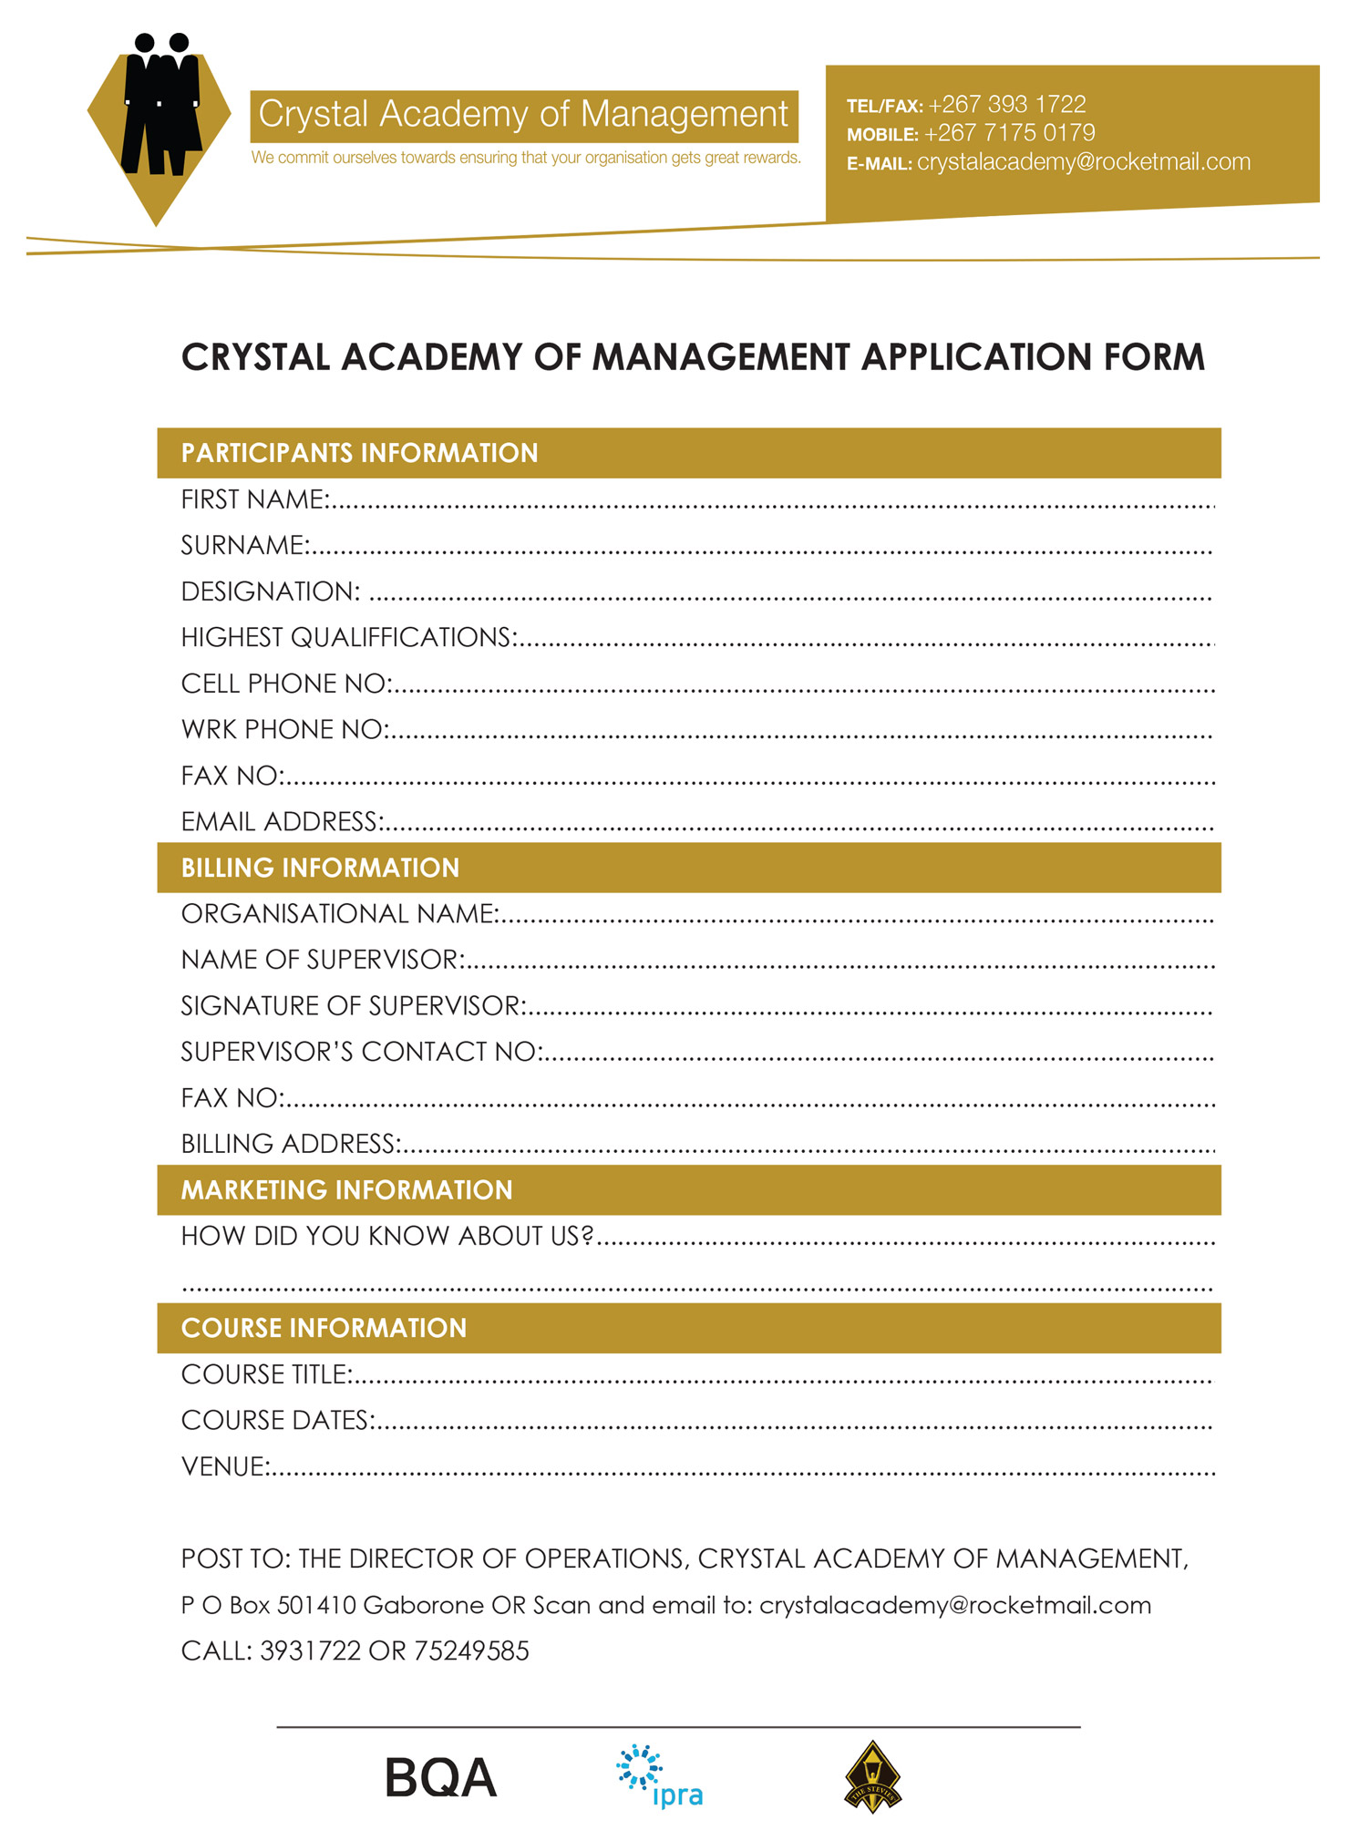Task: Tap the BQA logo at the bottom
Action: coord(440,1777)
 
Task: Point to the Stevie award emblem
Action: coord(872,1777)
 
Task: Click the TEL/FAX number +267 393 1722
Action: coord(1006,104)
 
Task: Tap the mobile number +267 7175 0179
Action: coord(1009,133)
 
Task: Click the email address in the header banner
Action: coord(1083,162)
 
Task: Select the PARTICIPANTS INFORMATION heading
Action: coord(359,453)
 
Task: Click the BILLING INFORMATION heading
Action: coord(320,868)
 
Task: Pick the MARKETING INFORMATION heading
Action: coord(346,1190)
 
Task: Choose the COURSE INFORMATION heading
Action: coord(324,1328)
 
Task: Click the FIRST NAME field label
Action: coord(254,499)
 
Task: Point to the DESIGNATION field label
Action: coord(270,591)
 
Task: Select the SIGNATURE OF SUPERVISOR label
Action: coord(353,1005)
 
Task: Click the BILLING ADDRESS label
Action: coord(290,1144)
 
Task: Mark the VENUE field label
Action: coord(224,1466)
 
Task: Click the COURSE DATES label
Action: coord(276,1420)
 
